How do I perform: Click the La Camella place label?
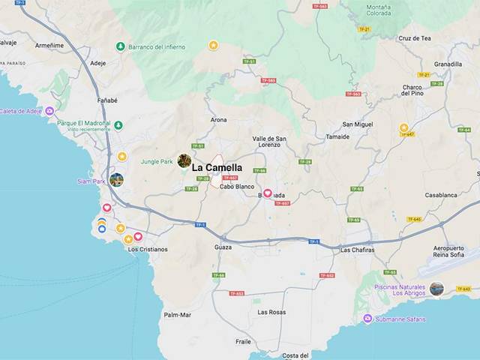pos(217,168)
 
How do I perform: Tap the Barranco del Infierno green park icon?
pos(120,46)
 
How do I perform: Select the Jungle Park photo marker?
pos(184,160)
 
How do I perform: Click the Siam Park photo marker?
pos(116,180)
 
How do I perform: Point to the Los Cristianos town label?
pos(148,249)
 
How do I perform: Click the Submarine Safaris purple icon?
pos(367,319)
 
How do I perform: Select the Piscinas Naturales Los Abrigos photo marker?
pos(436,289)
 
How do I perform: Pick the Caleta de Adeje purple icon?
pos(49,111)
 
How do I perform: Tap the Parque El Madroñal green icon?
pos(118,125)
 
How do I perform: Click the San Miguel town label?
pos(357,124)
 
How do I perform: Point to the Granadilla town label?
pos(448,64)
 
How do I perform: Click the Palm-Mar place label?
pos(178,315)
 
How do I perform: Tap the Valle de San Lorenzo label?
pos(269,142)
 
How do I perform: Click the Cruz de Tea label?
pos(415,38)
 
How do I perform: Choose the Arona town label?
pos(218,120)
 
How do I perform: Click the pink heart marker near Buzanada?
pos(267,193)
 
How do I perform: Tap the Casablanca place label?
pos(441,195)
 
